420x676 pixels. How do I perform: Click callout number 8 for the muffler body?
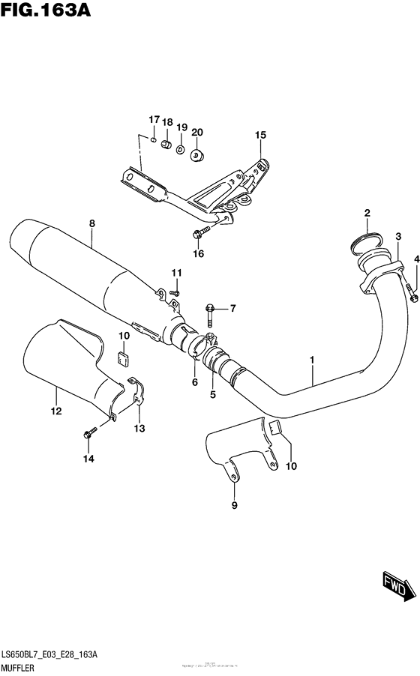[91, 223]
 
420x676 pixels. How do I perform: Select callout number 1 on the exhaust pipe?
[312, 361]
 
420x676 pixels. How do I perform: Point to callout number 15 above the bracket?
[260, 135]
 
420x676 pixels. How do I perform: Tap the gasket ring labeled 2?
[364, 241]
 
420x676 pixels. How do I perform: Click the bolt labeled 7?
[209, 307]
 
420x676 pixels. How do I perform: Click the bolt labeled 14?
[90, 433]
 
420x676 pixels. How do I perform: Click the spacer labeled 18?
[167, 142]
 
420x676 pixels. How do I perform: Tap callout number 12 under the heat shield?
[56, 410]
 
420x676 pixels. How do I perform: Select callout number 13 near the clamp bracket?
[139, 429]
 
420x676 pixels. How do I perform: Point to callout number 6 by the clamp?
[194, 382]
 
